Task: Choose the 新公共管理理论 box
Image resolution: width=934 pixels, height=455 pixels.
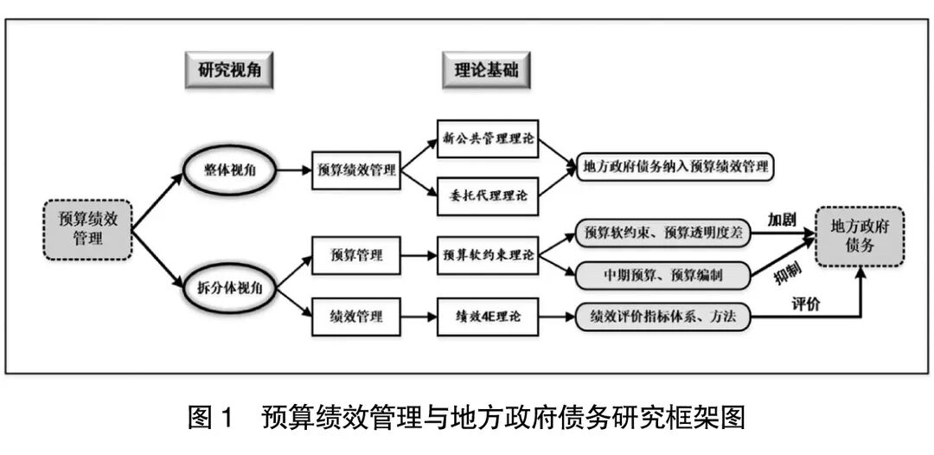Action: click(x=488, y=138)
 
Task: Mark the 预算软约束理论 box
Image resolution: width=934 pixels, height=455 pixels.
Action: click(x=488, y=256)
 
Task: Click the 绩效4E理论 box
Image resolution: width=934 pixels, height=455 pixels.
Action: click(x=488, y=317)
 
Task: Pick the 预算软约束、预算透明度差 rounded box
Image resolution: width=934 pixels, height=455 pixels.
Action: click(x=662, y=233)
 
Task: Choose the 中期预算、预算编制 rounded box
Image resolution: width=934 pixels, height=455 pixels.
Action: click(x=662, y=275)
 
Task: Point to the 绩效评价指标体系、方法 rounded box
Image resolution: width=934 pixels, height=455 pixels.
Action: click(x=662, y=317)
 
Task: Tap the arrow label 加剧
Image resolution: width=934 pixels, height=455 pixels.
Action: click(x=781, y=219)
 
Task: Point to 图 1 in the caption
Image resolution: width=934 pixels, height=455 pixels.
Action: click(x=211, y=420)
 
